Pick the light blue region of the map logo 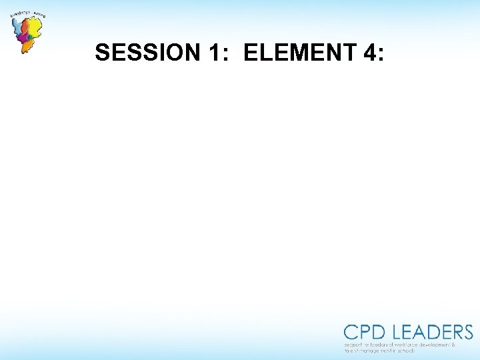(x=17, y=27)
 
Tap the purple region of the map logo (x=23, y=39)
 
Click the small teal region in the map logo (x=30, y=38)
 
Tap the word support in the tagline (x=353, y=345)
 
